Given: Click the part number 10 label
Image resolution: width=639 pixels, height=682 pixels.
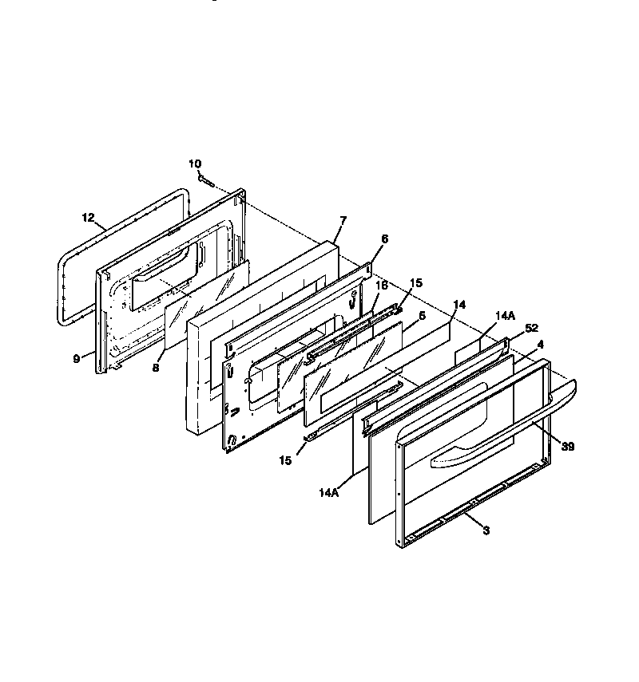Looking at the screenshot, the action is [x=195, y=164].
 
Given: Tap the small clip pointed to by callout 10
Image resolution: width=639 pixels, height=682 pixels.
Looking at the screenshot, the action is [x=206, y=180].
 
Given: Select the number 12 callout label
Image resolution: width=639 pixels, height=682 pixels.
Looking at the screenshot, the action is [x=89, y=218].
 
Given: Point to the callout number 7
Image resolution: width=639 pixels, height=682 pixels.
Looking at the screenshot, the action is [x=343, y=220].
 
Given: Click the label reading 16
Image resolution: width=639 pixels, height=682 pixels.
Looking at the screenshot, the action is [x=382, y=286].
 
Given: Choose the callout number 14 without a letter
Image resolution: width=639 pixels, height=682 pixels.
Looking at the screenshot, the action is [x=459, y=305].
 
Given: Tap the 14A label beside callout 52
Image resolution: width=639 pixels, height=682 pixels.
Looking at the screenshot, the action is [x=506, y=316].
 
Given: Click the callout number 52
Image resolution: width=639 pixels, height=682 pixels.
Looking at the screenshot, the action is [x=531, y=328].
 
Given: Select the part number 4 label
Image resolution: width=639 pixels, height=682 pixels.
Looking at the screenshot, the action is [x=541, y=345].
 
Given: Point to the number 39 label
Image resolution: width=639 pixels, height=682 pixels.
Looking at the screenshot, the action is [x=568, y=446].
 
